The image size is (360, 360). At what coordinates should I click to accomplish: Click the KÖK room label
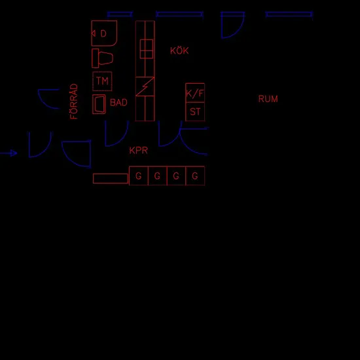tap(179, 50)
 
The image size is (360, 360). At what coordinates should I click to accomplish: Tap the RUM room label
tap(268, 99)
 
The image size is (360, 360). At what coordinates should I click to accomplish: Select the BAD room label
tap(118, 102)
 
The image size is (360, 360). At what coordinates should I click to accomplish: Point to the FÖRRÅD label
tap(74, 101)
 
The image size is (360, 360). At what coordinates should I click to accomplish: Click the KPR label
tap(139, 151)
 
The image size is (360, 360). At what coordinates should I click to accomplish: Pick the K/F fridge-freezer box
tap(195, 93)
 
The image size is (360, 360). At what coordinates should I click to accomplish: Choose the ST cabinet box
tap(195, 111)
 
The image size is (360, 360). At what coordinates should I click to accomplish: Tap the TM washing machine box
tap(102, 81)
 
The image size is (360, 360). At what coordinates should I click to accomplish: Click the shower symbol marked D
tap(104, 33)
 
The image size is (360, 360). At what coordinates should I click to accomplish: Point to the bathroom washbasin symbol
tap(99, 104)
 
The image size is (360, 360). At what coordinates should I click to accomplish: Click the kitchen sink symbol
tap(147, 49)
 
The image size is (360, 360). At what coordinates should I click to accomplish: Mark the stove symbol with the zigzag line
tap(145, 86)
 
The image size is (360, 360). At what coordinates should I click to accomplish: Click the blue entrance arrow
tap(9, 153)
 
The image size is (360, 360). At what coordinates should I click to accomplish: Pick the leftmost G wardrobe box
tap(139, 175)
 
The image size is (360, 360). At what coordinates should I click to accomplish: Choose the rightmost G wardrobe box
tap(195, 175)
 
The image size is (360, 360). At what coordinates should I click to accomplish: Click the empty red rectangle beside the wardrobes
tap(111, 179)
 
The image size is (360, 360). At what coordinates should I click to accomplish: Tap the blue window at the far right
tap(289, 14)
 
